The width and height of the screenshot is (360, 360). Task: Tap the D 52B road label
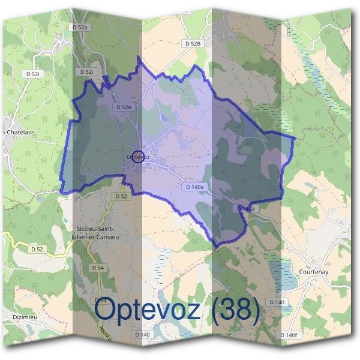click(193, 44)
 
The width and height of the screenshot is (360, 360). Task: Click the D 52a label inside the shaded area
click(122, 107)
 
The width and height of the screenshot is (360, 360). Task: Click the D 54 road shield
click(97, 266)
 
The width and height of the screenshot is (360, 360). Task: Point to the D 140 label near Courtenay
click(277, 302)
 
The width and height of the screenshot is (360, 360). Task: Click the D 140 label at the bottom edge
click(142, 334)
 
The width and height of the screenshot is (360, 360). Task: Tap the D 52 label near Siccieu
click(121, 196)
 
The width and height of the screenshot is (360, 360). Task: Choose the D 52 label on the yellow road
click(37, 248)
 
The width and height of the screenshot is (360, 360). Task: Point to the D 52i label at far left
click(33, 73)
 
